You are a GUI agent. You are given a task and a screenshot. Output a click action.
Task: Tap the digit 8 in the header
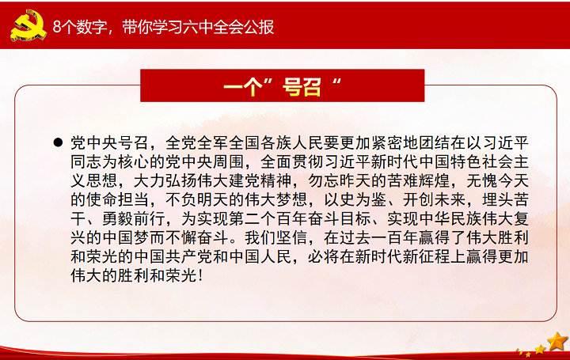coord(57,27)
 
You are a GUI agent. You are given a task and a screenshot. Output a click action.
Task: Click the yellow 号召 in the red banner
coord(302,86)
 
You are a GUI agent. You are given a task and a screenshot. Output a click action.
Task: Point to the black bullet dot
coord(58,142)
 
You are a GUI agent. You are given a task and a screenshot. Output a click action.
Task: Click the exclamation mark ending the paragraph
coord(201,275)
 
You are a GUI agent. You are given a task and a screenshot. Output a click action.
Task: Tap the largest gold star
coord(557,342)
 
